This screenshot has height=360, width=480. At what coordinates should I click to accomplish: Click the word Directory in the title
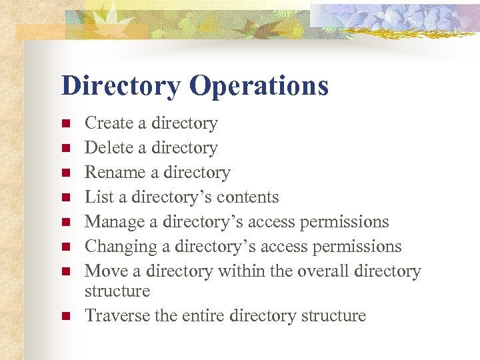[x=121, y=87]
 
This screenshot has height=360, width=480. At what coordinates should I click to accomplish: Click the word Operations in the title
[x=258, y=87]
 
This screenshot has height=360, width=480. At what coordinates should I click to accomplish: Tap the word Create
[x=109, y=123]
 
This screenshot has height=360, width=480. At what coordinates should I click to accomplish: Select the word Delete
[x=107, y=148]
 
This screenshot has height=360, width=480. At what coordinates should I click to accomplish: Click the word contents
[x=249, y=197]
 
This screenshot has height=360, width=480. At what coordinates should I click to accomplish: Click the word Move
[x=101, y=271]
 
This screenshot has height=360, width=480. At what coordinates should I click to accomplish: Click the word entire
[x=203, y=315]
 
